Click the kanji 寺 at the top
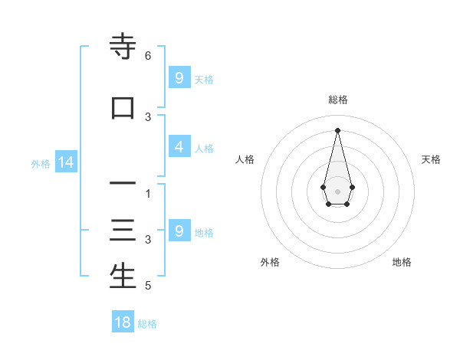(123, 47)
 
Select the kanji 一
(123, 184)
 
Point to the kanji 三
(123, 231)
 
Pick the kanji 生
(123, 277)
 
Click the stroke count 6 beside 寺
(148, 56)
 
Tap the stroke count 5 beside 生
(148, 286)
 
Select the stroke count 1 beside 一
(148, 194)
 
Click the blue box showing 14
(66, 162)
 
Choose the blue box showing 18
(123, 322)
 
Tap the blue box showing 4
(179, 147)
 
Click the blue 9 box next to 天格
(179, 77)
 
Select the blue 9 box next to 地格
(179, 231)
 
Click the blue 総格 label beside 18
(147, 324)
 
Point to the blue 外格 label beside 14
(41, 164)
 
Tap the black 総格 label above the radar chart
(337, 100)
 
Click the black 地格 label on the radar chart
(402, 262)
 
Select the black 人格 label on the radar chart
(245, 159)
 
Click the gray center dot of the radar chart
(337, 190)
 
